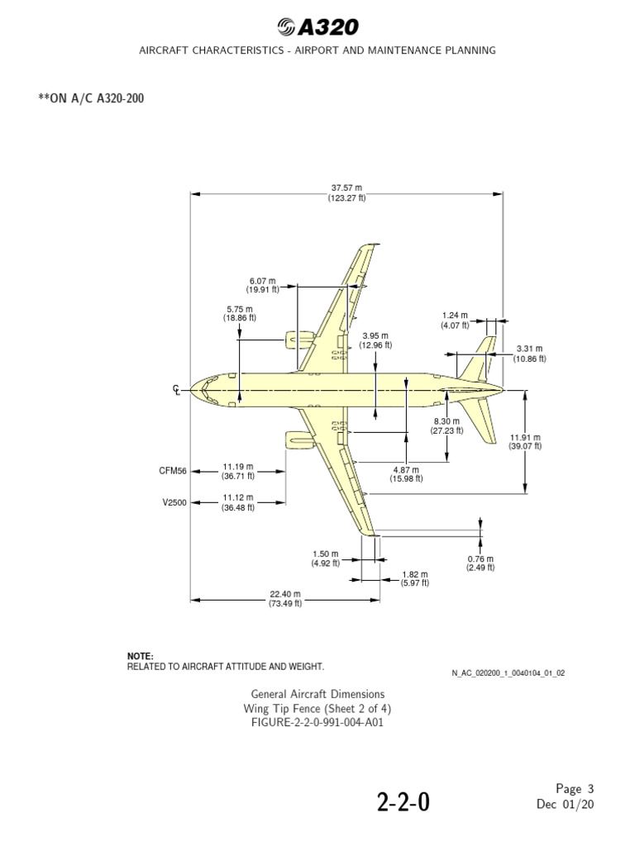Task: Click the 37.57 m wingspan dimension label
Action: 346,192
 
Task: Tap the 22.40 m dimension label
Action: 285,599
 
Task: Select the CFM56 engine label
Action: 173,471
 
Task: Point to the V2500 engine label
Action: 174,503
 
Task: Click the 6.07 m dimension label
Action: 262,285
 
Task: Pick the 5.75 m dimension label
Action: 240,313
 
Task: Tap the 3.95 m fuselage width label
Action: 375,340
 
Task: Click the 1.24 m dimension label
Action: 456,320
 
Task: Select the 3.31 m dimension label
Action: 529,354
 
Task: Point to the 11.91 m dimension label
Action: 525,442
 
